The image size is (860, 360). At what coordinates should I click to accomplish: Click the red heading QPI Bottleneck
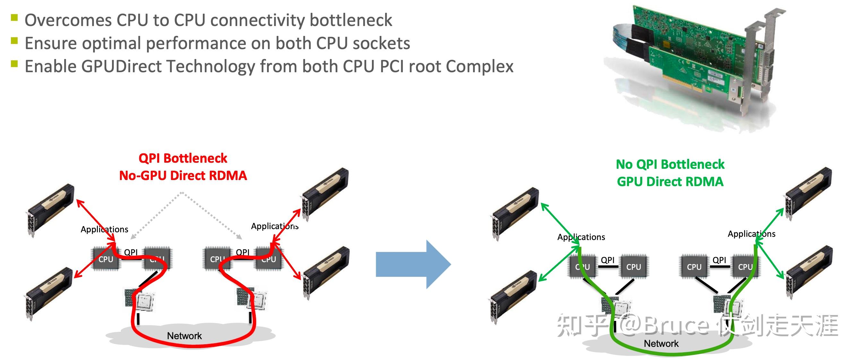(x=183, y=158)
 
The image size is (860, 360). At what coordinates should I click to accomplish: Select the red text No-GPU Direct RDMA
(x=183, y=175)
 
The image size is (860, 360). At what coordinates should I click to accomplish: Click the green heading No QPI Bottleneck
(x=670, y=164)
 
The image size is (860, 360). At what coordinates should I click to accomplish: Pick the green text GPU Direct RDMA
(x=670, y=181)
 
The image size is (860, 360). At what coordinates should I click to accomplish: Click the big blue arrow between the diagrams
(x=413, y=264)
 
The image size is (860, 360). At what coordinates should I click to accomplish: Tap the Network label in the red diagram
(x=184, y=336)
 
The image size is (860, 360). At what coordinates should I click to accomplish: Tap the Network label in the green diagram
(x=661, y=343)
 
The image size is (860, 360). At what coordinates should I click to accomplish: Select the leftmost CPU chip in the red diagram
(x=106, y=259)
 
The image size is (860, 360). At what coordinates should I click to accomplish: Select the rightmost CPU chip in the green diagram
(x=745, y=267)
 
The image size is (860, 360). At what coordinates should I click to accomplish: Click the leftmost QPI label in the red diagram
(x=131, y=252)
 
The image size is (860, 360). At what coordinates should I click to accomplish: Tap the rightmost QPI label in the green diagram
(x=719, y=260)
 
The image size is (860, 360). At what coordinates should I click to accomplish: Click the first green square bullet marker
(x=14, y=17)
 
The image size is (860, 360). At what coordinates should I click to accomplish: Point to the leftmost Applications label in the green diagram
(x=581, y=237)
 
